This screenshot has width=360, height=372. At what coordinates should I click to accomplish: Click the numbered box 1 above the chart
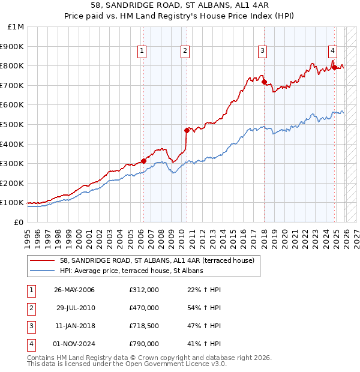[x=142, y=52]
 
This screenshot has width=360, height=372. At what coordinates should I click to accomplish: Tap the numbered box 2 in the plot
[x=185, y=52]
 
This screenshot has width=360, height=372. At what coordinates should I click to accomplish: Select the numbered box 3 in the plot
[x=263, y=52]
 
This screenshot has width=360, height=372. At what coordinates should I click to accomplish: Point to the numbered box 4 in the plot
[x=332, y=52]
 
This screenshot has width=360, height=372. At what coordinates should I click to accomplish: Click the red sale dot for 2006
[x=144, y=161]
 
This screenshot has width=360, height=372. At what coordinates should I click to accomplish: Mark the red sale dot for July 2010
[x=187, y=130]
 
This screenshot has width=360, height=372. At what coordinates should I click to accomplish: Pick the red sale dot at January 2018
[x=264, y=82]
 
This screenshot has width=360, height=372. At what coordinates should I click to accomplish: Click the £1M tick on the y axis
[x=16, y=27]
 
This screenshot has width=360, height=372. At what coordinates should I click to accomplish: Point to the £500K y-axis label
[x=13, y=124]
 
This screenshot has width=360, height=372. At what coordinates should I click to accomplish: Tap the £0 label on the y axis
[x=19, y=222]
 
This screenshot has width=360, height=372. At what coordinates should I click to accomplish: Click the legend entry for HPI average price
[x=131, y=271]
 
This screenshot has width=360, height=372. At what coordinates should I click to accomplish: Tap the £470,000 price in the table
[x=144, y=308]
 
